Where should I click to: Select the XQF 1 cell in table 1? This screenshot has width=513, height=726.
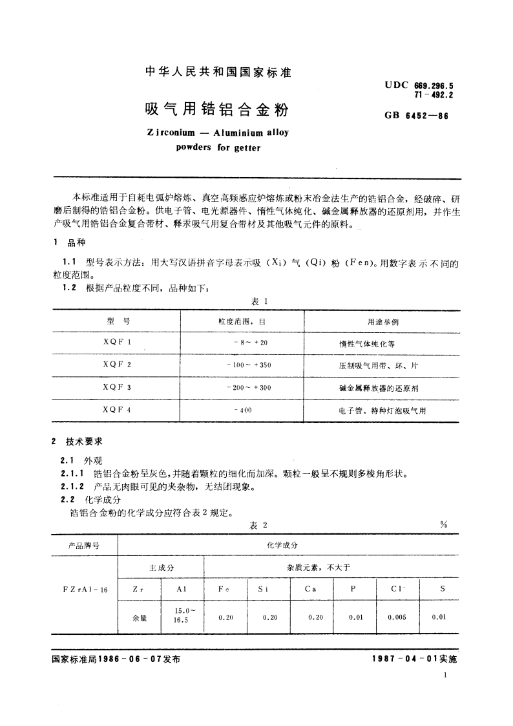[x=117, y=343]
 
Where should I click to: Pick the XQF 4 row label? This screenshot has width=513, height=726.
[x=117, y=410]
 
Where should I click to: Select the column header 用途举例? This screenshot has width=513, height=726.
[x=380, y=321]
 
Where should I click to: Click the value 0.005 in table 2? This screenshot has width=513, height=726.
[x=397, y=617]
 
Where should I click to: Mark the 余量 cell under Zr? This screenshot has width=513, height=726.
[x=140, y=618]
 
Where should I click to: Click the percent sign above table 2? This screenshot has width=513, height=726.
[x=443, y=525]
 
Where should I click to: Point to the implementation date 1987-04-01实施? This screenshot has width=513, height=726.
[x=414, y=659]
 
